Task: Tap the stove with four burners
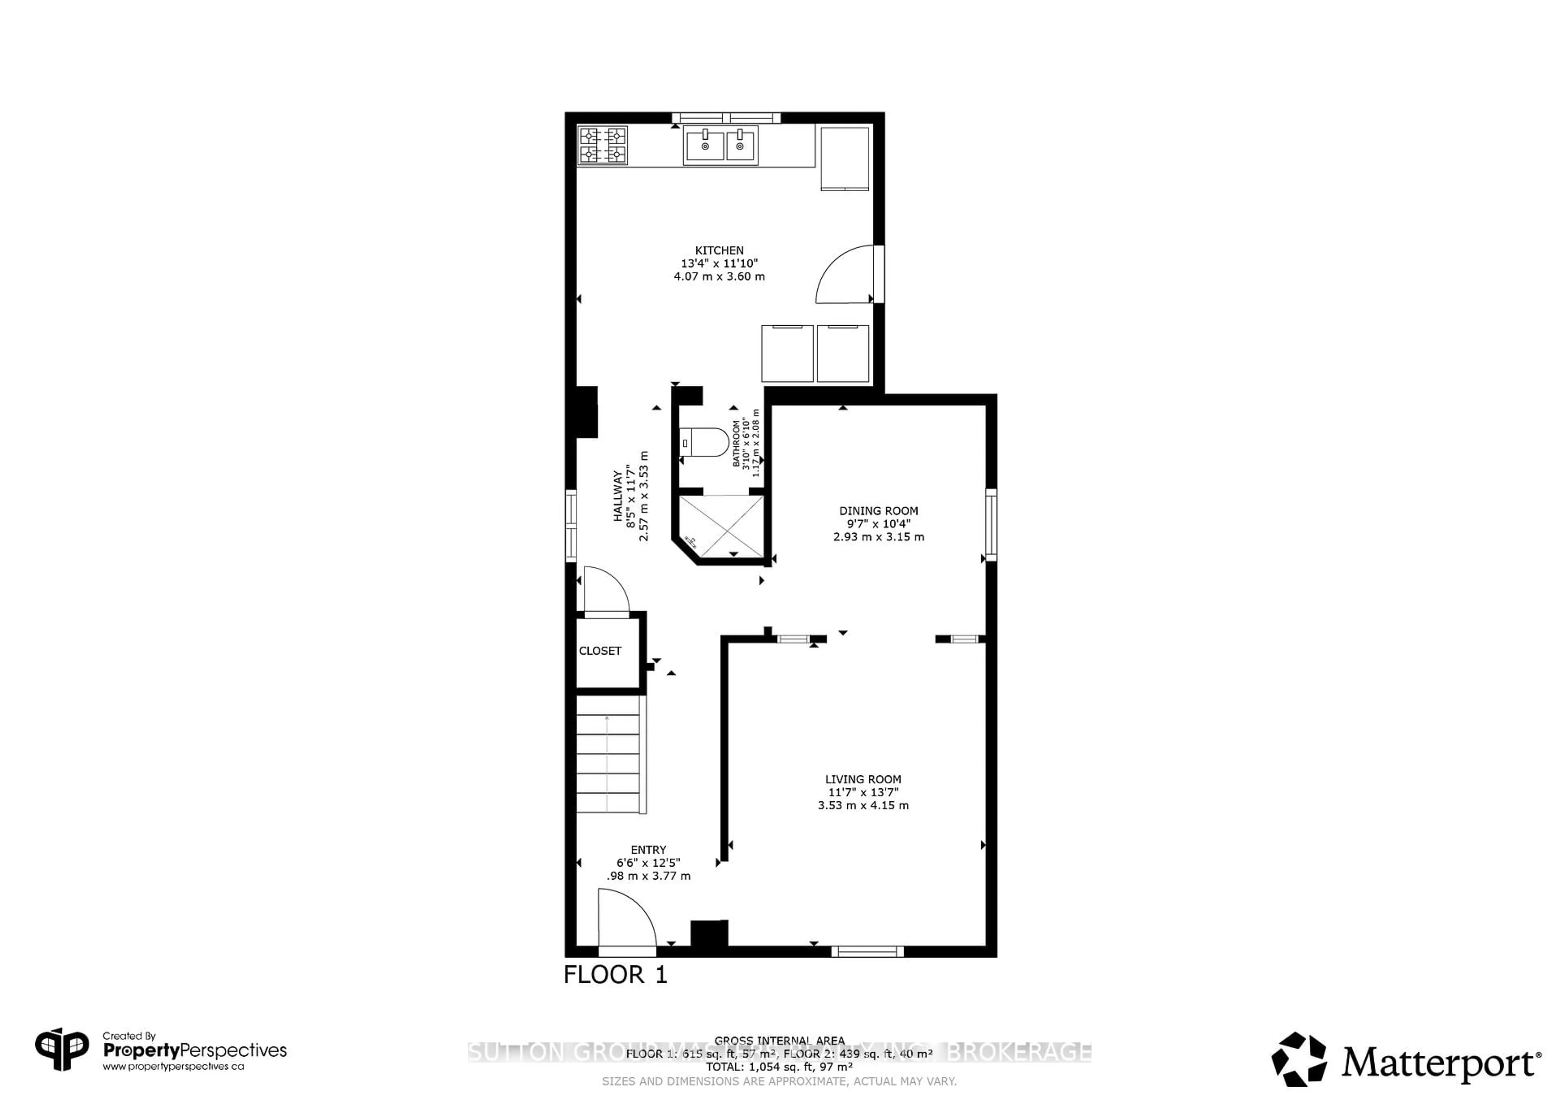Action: [602, 145]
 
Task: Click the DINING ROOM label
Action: [879, 511]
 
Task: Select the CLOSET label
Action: [600, 651]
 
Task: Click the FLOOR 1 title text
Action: [615, 975]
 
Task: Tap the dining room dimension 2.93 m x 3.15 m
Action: [879, 536]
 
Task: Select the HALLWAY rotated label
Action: [618, 496]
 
